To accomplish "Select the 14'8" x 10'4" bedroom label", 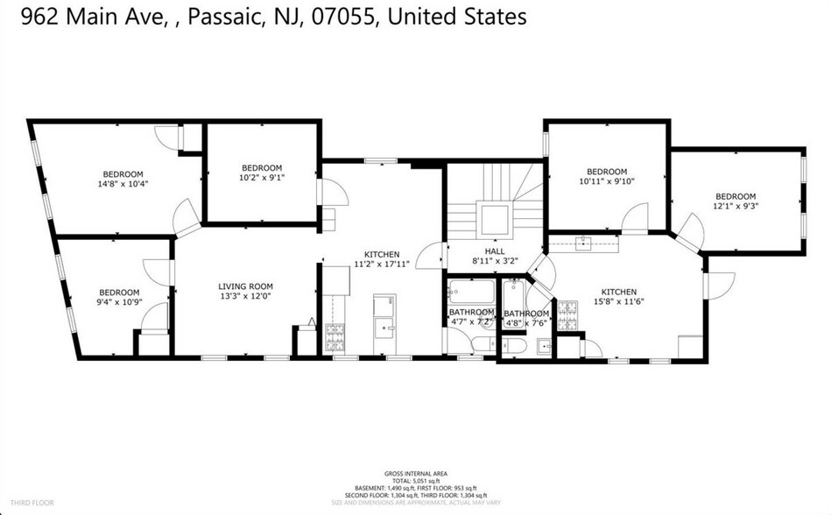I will coord(123,180).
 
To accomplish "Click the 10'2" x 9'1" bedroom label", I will coord(262,173).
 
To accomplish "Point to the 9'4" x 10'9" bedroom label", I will coord(118,298).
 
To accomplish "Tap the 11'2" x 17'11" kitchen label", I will coord(382,259).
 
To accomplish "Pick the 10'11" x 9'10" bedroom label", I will coord(606,176).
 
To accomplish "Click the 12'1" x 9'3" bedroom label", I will coord(735,201).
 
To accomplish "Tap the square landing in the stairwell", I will coord(491,216).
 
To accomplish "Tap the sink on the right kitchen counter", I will coord(585,243).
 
